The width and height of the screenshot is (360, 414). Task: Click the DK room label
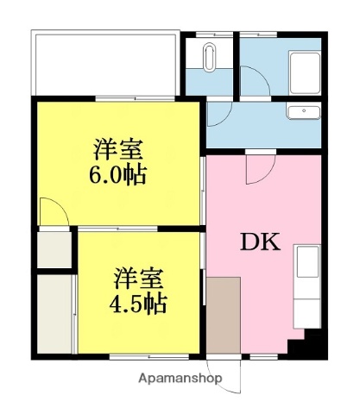click(x=260, y=242)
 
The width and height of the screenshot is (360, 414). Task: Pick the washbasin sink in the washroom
click(x=302, y=112)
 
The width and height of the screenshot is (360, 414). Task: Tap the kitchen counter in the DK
click(x=307, y=285)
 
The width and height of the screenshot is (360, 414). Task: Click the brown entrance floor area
click(x=223, y=314)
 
